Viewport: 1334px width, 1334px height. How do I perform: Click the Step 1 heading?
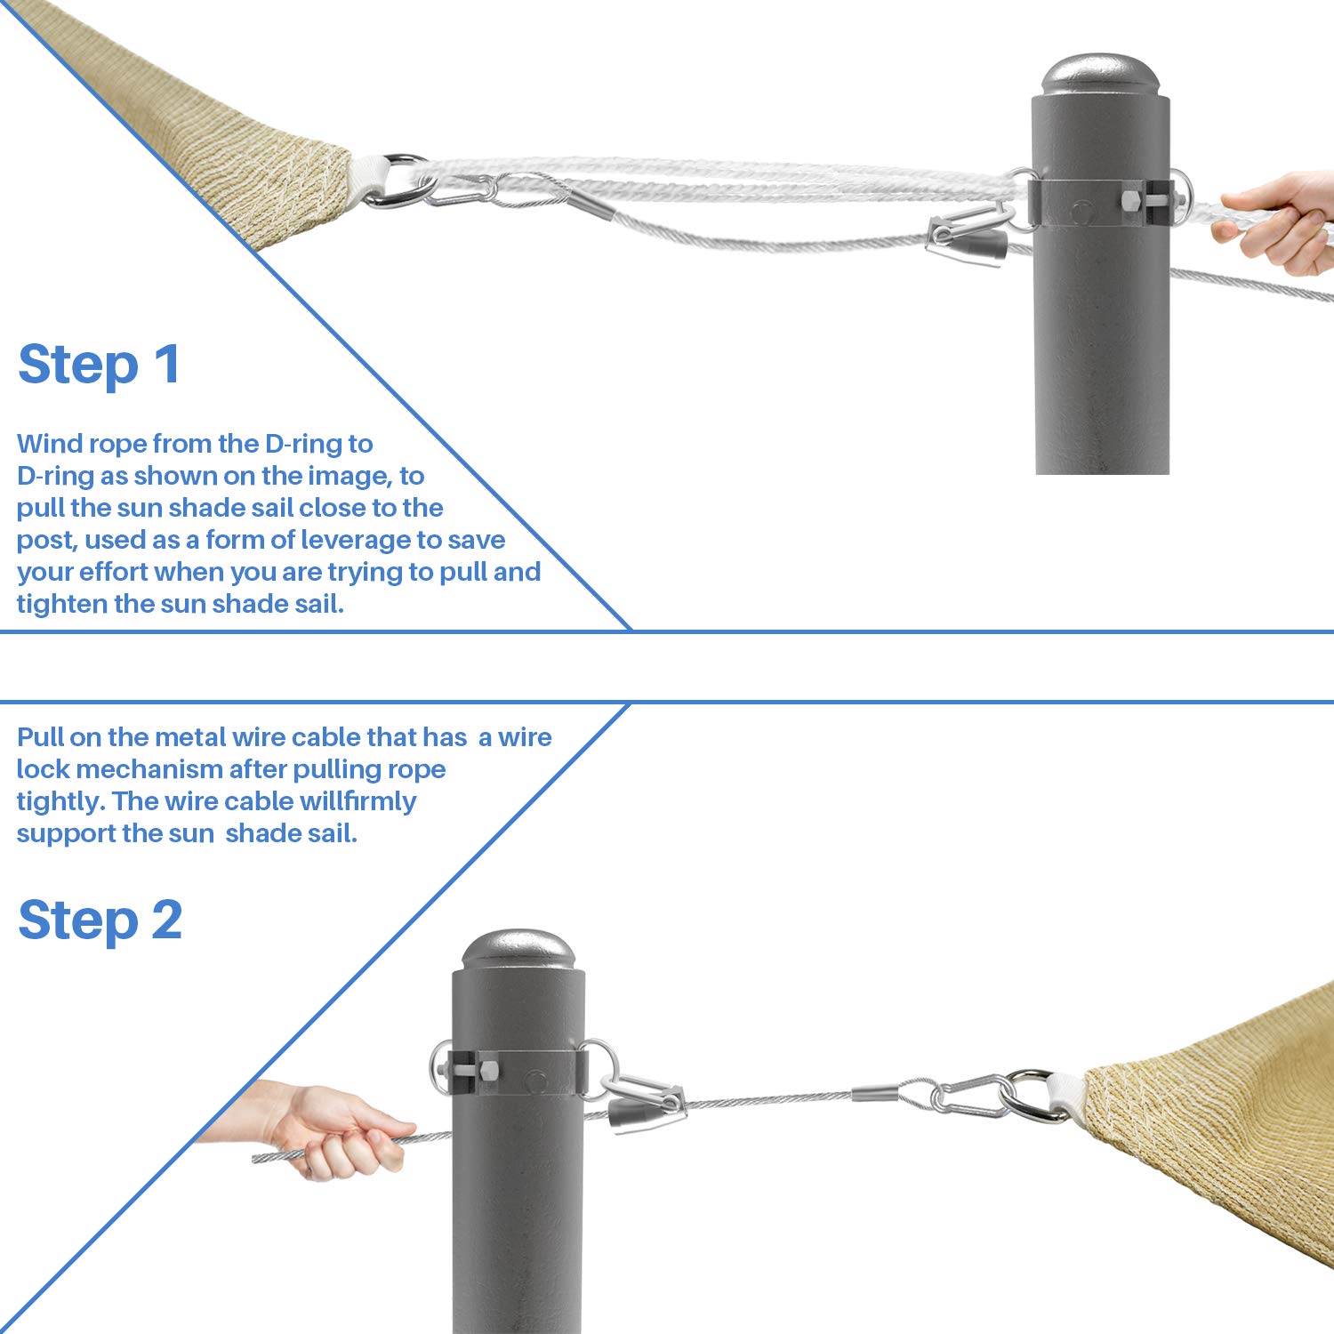pos(99,365)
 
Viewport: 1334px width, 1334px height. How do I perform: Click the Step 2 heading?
pos(100,920)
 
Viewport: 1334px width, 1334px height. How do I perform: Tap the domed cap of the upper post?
pos(1101,75)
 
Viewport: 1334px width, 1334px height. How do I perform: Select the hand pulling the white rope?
pos(1276,222)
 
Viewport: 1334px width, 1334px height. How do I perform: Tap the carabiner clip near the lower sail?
pos(969,1094)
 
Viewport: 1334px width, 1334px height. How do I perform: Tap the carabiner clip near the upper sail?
pos(462,189)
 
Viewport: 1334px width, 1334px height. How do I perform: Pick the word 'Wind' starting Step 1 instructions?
pos(50,444)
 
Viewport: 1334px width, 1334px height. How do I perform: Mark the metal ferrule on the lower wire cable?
pos(876,1093)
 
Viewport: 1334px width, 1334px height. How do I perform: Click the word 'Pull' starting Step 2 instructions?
pos(40,737)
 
